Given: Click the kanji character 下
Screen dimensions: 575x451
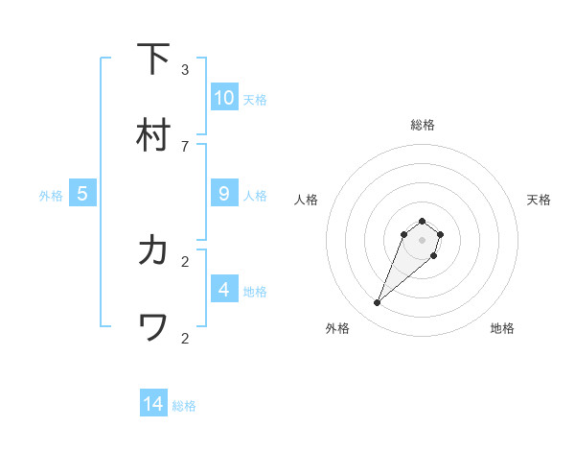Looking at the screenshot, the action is click(x=152, y=59).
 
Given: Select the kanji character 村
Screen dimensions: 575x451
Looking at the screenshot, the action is click(x=152, y=135).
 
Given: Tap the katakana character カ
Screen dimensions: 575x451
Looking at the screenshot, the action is click(x=152, y=250).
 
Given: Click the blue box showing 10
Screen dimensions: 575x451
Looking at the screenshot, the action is click(x=224, y=97).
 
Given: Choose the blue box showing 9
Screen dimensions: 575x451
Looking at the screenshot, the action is click(x=224, y=193).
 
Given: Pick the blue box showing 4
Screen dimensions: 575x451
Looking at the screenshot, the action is click(x=224, y=289).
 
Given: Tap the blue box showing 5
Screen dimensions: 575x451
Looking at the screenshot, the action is click(x=82, y=193).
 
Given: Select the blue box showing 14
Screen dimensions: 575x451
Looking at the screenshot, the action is click(x=153, y=404).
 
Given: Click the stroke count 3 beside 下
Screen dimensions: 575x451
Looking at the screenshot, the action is click(x=185, y=69).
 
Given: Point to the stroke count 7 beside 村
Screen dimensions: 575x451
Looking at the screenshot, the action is click(x=185, y=146).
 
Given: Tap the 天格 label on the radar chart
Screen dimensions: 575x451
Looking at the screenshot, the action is click(x=539, y=200).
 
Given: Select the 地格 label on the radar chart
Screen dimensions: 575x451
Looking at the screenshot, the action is click(x=502, y=328).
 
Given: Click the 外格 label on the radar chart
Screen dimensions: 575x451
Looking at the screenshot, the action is click(x=337, y=328).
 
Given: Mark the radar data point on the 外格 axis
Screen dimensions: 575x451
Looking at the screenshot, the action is click(x=378, y=303).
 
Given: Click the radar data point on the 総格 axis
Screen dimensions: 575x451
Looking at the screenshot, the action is click(x=422, y=218).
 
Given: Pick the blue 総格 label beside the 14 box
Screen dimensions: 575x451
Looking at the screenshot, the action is click(x=184, y=406).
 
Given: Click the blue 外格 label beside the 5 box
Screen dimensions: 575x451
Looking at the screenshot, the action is click(x=51, y=196).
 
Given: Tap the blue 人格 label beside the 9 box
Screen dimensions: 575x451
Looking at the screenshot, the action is click(x=255, y=196).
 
